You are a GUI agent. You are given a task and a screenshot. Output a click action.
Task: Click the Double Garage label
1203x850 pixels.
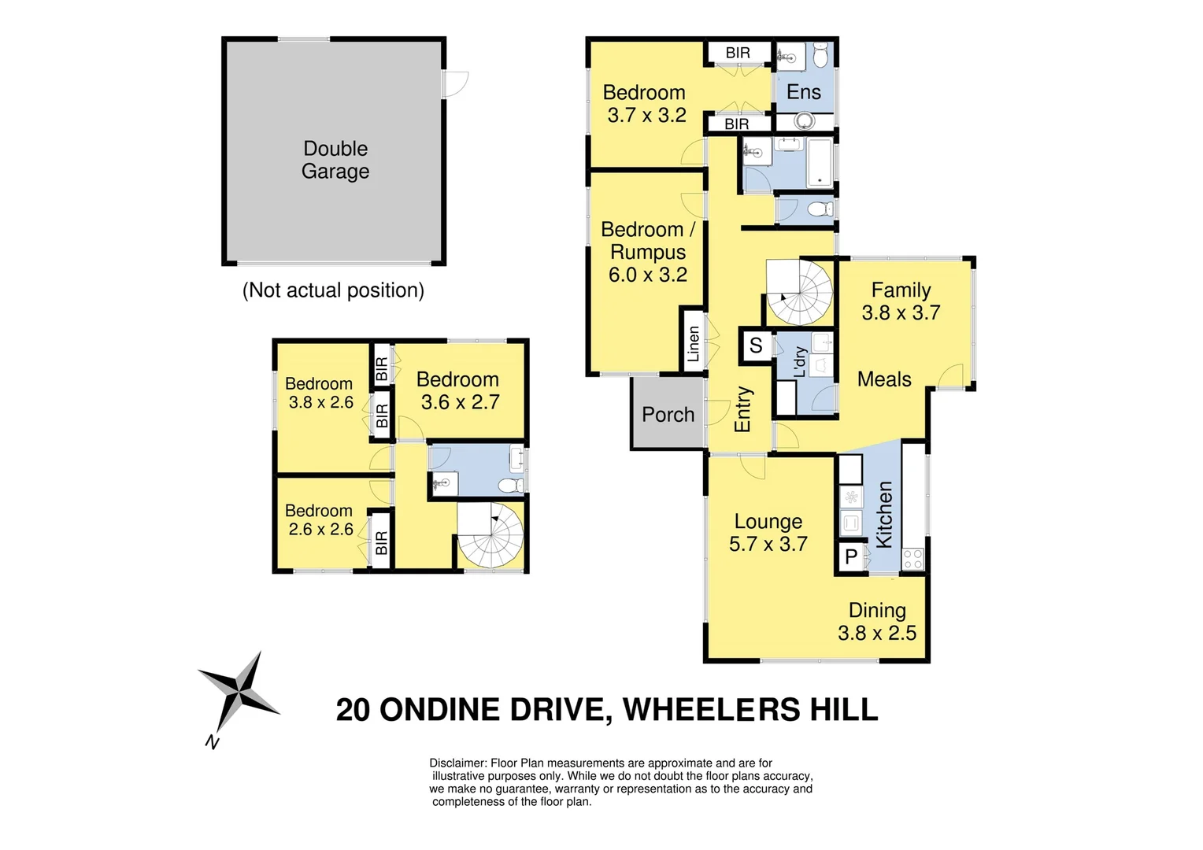(335, 160)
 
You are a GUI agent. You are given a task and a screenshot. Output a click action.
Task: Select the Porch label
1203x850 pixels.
(668, 415)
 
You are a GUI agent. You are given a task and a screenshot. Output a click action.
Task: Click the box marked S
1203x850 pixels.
(756, 346)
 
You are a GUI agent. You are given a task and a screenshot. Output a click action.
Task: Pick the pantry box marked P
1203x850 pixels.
(851, 557)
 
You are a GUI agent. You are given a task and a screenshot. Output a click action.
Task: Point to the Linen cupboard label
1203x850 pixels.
(693, 344)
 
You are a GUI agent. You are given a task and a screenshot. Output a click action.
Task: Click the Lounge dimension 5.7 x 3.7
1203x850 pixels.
(768, 544)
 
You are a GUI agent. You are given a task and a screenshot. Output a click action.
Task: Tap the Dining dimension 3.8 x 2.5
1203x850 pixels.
(876, 634)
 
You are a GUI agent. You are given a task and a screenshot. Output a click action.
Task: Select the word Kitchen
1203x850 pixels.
(884, 515)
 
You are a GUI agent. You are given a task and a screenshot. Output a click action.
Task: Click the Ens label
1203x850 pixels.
(803, 92)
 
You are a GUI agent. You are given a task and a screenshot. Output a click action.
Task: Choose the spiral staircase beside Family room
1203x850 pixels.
(799, 292)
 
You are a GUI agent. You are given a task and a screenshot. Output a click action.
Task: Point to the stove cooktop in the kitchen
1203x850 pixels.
(912, 559)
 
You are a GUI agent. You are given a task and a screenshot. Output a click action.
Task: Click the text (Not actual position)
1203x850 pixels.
(333, 290)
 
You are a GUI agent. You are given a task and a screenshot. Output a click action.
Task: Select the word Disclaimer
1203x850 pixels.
(457, 763)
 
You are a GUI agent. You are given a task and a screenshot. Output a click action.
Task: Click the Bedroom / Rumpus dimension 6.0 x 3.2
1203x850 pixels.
(647, 275)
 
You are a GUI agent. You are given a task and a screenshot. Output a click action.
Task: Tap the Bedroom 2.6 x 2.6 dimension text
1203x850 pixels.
(320, 530)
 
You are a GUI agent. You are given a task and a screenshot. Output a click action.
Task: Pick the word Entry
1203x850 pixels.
(742, 409)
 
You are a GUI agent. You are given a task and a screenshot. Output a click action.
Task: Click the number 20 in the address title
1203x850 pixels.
(353, 710)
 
